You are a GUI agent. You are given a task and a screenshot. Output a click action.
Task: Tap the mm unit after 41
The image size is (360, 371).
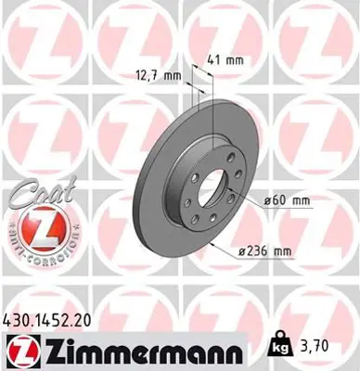pyautogui.click(x=237, y=59)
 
